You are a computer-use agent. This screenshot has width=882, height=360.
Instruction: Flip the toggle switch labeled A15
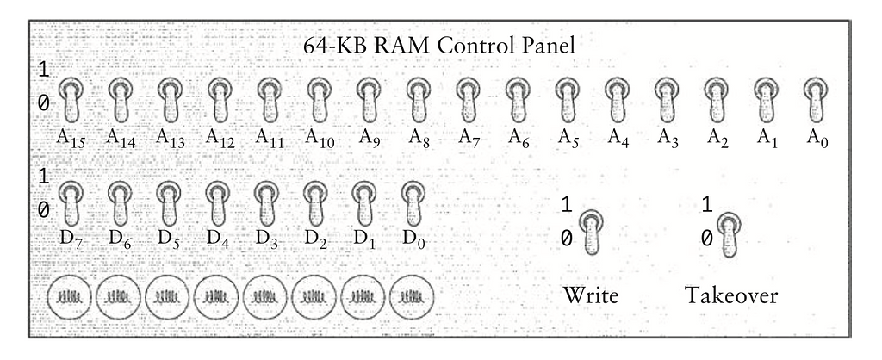click(71, 102)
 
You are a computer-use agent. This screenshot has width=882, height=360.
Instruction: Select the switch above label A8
click(418, 102)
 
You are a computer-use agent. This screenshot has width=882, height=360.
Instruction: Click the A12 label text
click(221, 137)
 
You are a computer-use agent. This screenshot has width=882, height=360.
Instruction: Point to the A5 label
click(568, 137)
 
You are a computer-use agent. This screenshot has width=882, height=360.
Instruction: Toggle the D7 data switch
click(71, 204)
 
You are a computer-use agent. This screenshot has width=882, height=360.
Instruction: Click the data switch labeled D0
click(414, 204)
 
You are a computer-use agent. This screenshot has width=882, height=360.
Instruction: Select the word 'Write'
click(591, 295)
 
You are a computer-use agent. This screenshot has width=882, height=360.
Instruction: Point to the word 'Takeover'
click(731, 295)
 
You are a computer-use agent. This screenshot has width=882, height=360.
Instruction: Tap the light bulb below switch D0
click(413, 295)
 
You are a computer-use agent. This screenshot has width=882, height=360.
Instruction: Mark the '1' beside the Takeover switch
click(707, 205)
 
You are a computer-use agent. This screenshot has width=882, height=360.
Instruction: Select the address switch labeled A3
click(666, 102)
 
